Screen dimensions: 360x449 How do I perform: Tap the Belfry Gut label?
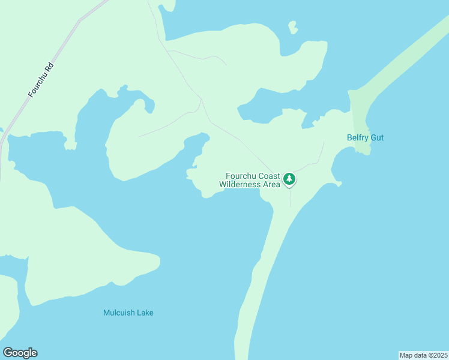365,138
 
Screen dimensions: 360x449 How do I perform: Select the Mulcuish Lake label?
128,313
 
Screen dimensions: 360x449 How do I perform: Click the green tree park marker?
289,179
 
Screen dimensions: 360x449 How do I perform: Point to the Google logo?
20,353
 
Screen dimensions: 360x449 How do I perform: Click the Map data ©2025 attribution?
423,355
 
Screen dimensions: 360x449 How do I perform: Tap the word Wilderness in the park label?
240,184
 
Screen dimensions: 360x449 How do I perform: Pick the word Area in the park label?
271,184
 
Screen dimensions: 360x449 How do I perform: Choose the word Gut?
377,138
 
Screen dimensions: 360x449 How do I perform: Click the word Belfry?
358,138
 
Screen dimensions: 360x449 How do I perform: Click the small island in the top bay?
292,27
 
